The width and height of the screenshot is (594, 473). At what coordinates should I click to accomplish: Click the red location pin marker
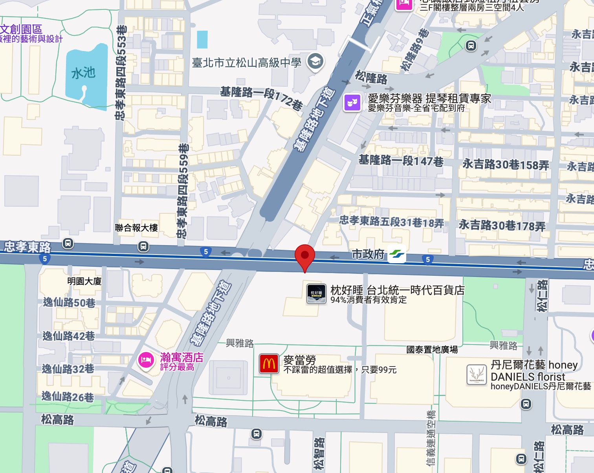(x=305, y=257)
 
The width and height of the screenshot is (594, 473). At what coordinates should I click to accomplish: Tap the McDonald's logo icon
(x=269, y=364)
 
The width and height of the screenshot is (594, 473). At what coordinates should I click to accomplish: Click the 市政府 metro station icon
(x=397, y=254)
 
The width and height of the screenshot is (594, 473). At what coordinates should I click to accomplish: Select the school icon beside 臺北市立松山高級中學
(x=315, y=62)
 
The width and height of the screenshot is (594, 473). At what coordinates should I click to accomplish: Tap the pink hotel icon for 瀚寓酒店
(x=146, y=360)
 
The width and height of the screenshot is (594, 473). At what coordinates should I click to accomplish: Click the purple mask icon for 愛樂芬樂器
(x=352, y=103)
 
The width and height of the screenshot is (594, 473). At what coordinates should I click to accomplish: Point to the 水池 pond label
(x=83, y=73)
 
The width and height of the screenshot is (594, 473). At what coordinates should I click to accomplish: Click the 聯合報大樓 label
(x=136, y=228)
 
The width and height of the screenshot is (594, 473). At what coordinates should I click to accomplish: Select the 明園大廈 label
(x=84, y=281)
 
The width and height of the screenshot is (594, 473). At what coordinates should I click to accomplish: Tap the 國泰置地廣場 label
(x=432, y=350)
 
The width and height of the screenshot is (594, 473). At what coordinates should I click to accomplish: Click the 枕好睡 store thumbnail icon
(x=316, y=294)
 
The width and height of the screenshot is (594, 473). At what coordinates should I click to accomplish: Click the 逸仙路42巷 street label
(x=69, y=336)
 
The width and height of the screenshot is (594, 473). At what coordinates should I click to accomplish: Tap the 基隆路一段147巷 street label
(x=401, y=161)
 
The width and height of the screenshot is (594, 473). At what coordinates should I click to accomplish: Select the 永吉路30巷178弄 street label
(x=502, y=225)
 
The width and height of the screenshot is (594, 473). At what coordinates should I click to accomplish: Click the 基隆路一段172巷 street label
(x=261, y=97)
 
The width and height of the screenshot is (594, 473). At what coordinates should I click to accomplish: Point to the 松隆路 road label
(x=371, y=77)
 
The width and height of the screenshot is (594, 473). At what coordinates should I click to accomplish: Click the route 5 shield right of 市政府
(x=428, y=259)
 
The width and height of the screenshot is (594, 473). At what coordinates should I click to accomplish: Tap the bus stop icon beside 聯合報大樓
(x=143, y=246)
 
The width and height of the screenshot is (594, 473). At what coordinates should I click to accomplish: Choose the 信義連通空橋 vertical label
(x=431, y=438)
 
